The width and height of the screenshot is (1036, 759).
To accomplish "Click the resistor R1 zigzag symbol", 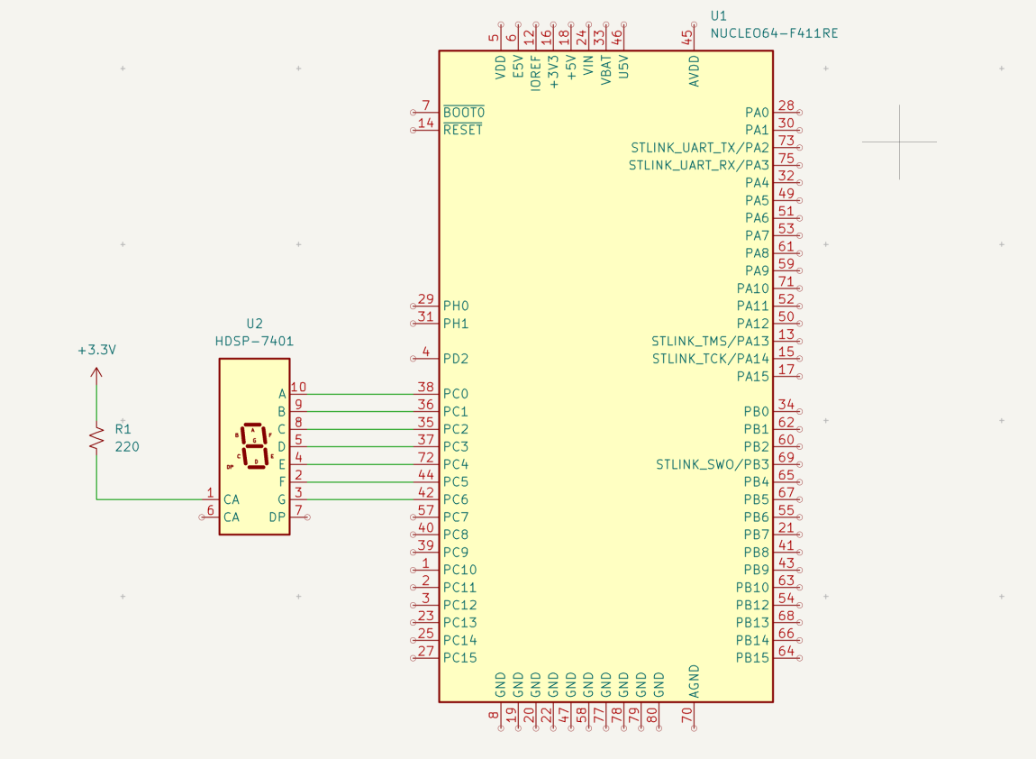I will [96, 438].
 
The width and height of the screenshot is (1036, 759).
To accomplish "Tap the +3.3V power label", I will [96, 350].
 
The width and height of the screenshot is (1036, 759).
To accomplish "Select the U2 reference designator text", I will [254, 324].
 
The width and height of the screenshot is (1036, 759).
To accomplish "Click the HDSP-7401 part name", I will [254, 342].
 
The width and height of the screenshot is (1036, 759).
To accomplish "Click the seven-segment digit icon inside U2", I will [254, 445].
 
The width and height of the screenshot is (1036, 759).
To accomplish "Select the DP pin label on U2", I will [277, 517].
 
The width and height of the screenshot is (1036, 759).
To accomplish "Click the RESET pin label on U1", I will [463, 130].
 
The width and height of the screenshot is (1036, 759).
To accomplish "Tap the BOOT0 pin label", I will [463, 113].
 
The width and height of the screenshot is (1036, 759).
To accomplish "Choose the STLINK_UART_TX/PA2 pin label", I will [700, 148].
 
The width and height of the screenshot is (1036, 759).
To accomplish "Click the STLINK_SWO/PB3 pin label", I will [712, 464].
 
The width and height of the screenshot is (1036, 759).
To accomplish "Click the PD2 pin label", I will [456, 359].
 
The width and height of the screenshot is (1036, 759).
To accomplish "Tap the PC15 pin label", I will [459, 658].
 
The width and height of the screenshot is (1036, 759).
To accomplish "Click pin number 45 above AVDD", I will [689, 37].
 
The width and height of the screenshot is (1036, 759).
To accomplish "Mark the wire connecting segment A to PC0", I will [360, 394].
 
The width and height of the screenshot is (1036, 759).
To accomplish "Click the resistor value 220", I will [127, 446].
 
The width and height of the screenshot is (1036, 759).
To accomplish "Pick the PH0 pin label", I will [456, 306].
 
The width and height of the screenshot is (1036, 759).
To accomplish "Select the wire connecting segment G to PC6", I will [360, 499].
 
